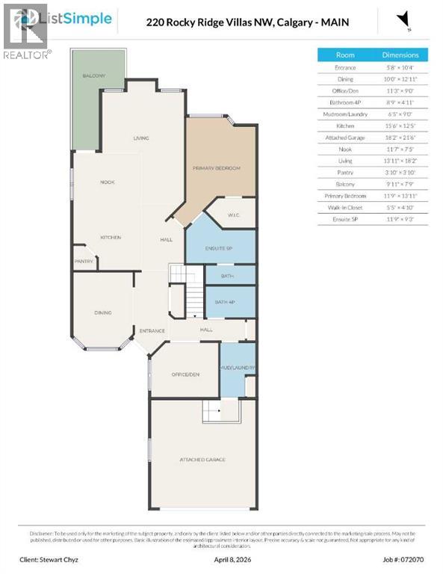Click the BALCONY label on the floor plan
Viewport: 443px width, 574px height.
click(x=93, y=76)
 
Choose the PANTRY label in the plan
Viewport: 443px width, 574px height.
click(x=84, y=262)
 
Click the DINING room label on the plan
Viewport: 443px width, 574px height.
click(x=102, y=313)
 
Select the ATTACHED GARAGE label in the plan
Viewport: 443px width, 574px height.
click(x=202, y=459)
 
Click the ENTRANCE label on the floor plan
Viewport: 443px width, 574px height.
click(x=152, y=330)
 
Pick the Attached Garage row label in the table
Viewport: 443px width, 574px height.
click(x=345, y=138)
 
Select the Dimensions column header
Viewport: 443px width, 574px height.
click(x=400, y=55)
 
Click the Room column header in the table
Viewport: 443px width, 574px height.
click(x=345, y=55)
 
